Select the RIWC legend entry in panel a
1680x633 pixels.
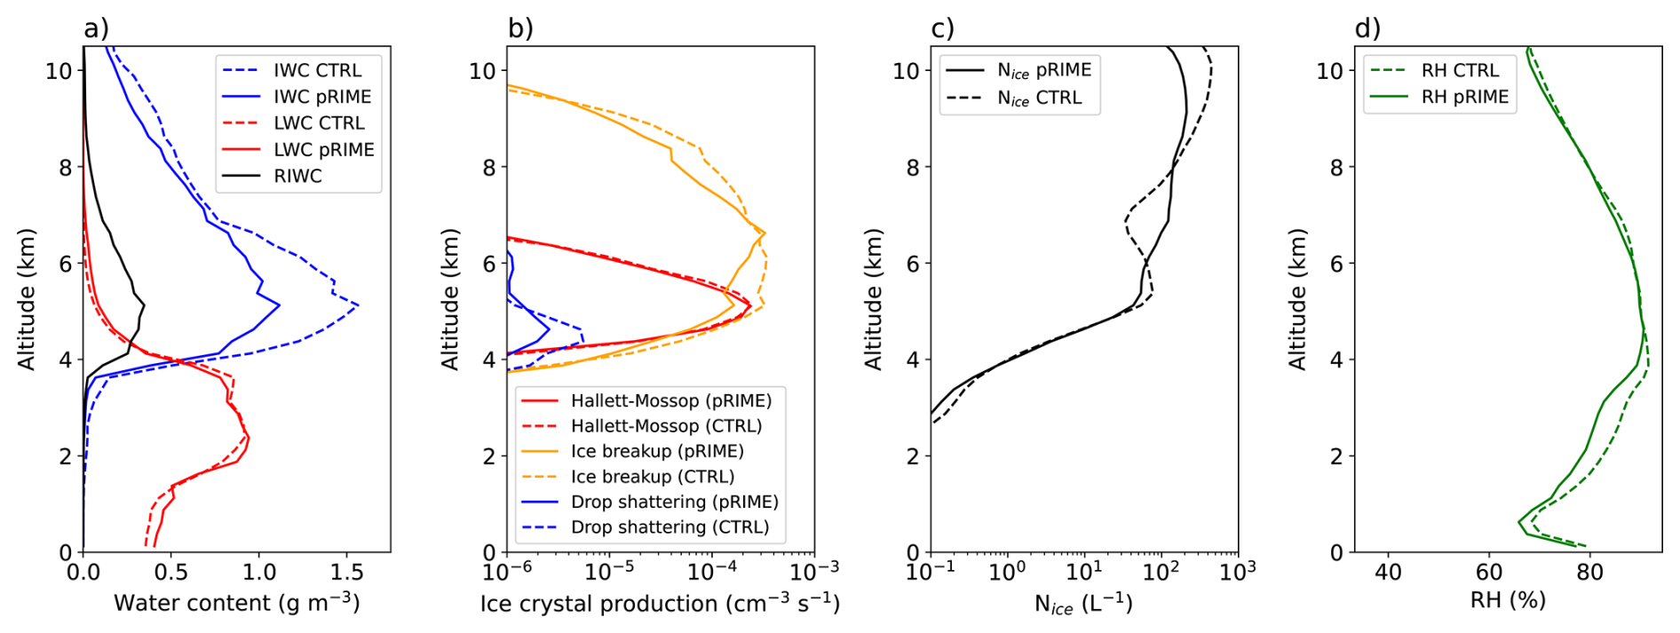(x=272, y=176)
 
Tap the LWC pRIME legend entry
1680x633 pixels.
(x=298, y=149)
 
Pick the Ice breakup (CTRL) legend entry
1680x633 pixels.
(x=628, y=477)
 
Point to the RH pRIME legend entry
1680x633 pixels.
(x=1440, y=97)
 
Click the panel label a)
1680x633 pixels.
(x=96, y=28)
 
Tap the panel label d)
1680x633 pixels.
(x=1367, y=28)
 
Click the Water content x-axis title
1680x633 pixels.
(x=237, y=603)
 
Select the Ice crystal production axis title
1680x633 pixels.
(x=660, y=604)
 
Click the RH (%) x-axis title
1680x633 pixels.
(x=1508, y=600)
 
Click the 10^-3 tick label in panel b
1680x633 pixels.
(x=814, y=569)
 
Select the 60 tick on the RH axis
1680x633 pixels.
(x=1489, y=571)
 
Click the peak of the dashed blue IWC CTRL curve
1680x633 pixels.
(x=358, y=305)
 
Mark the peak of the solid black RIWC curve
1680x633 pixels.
(x=144, y=306)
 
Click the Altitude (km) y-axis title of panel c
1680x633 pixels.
(x=874, y=299)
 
